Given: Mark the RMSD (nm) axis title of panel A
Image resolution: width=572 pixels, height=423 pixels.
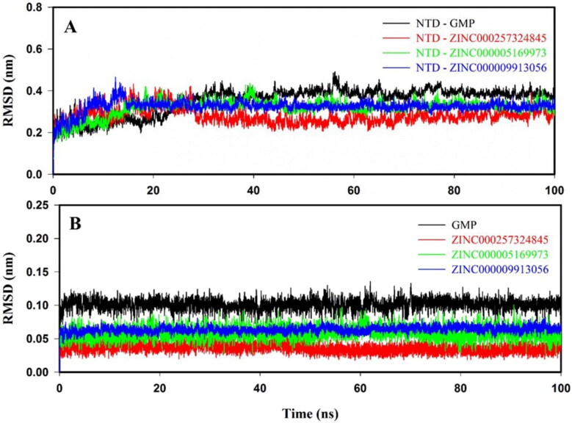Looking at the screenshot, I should point(10,92).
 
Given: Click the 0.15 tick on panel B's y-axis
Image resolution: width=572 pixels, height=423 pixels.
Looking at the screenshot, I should point(34,272).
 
